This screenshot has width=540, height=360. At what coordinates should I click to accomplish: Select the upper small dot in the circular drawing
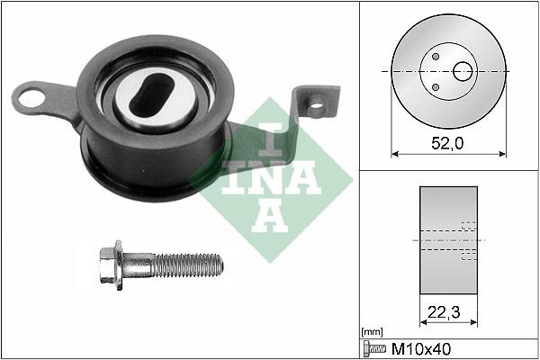(x=436, y=57)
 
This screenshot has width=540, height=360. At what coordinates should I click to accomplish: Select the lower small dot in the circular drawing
(x=436, y=87)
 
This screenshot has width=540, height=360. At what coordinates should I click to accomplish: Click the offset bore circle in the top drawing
(x=465, y=71)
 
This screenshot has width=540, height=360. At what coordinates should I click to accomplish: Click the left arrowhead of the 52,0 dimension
(x=394, y=154)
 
